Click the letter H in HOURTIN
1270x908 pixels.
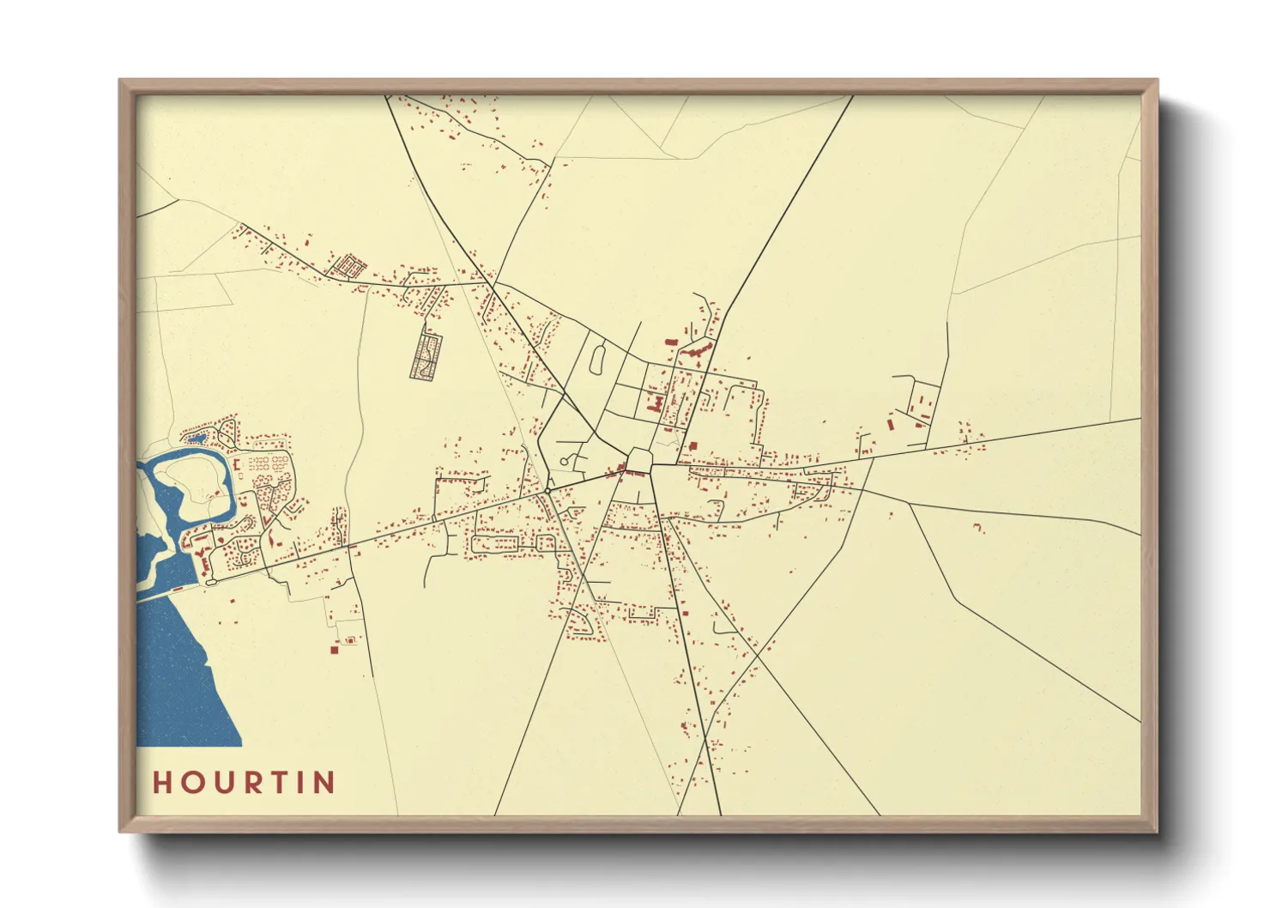click(162, 783)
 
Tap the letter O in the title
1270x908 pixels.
click(190, 783)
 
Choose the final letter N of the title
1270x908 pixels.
click(324, 783)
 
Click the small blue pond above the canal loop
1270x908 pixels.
click(197, 439)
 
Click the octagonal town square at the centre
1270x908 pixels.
click(638, 459)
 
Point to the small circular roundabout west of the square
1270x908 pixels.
click(547, 491)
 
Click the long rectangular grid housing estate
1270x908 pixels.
click(426, 356)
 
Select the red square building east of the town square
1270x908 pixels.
click(693, 446)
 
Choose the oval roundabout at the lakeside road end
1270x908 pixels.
click(211, 582)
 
